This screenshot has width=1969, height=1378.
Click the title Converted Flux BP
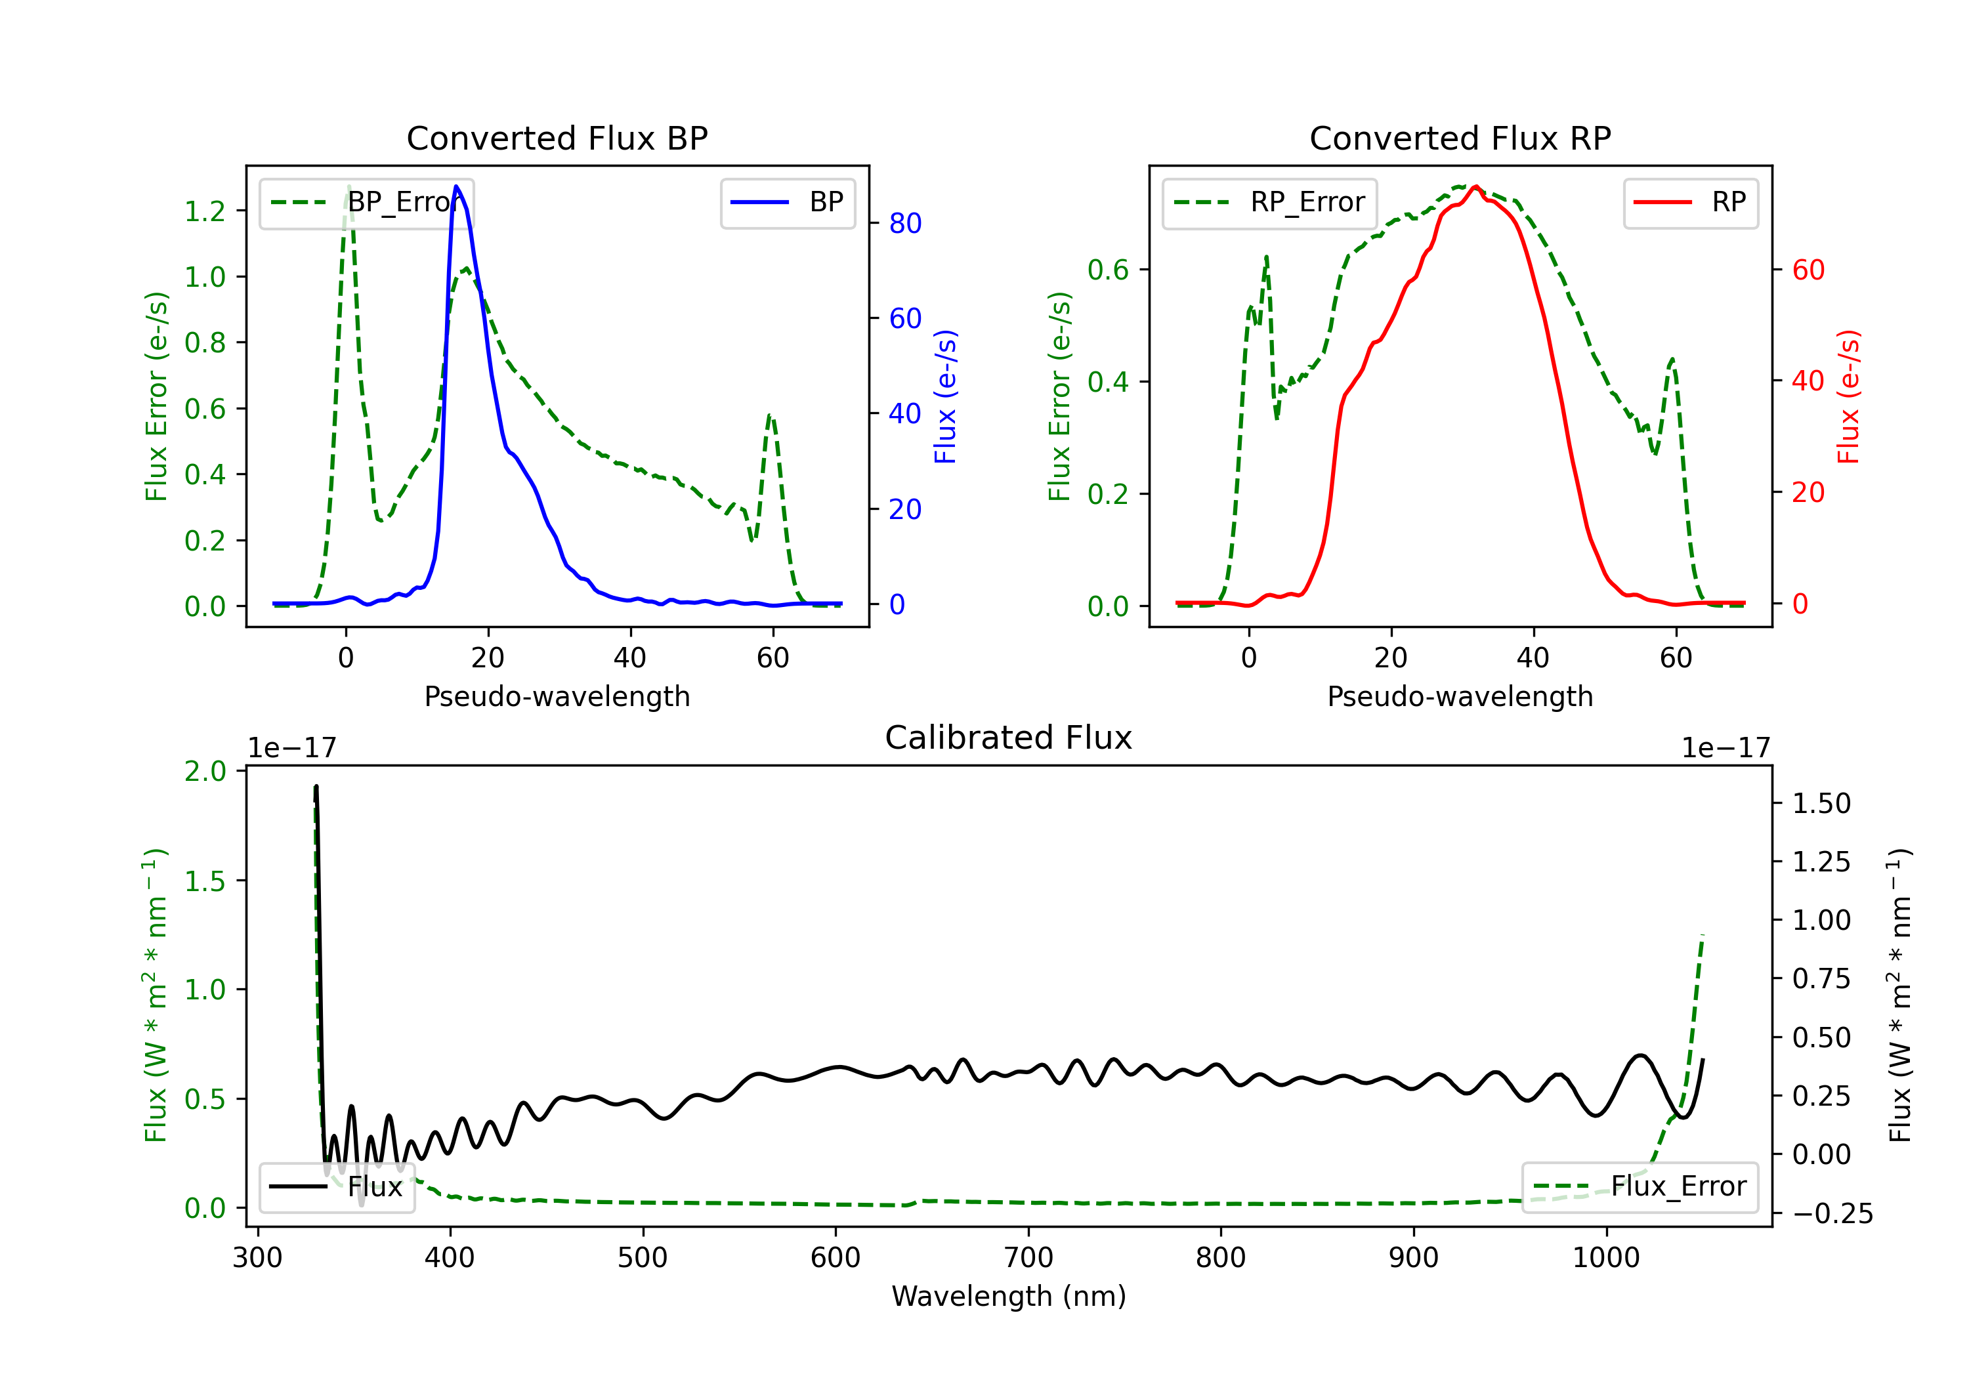point(557,138)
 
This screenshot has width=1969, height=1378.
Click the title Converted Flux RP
point(1460,138)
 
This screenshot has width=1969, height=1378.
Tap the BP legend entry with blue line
point(787,202)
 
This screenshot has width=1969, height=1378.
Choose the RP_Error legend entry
point(1269,202)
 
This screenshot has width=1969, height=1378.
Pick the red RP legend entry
point(1690,202)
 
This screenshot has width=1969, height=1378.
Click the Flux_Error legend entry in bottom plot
point(1640,1187)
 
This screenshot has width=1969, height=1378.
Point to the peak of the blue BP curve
point(456,186)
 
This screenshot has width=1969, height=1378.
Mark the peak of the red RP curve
point(1475,187)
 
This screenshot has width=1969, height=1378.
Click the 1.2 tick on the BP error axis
point(205,211)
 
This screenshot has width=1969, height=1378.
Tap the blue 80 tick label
point(904,223)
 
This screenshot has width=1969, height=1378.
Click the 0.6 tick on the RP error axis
point(1107,270)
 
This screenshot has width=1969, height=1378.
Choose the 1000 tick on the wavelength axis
point(1605,1258)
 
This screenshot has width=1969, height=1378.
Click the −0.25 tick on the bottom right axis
point(1832,1213)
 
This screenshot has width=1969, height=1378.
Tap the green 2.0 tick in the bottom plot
point(205,771)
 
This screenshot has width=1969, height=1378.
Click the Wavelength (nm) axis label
point(1009,1296)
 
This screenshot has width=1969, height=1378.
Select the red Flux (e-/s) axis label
point(1848,396)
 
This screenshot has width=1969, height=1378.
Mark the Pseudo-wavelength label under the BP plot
point(557,696)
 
